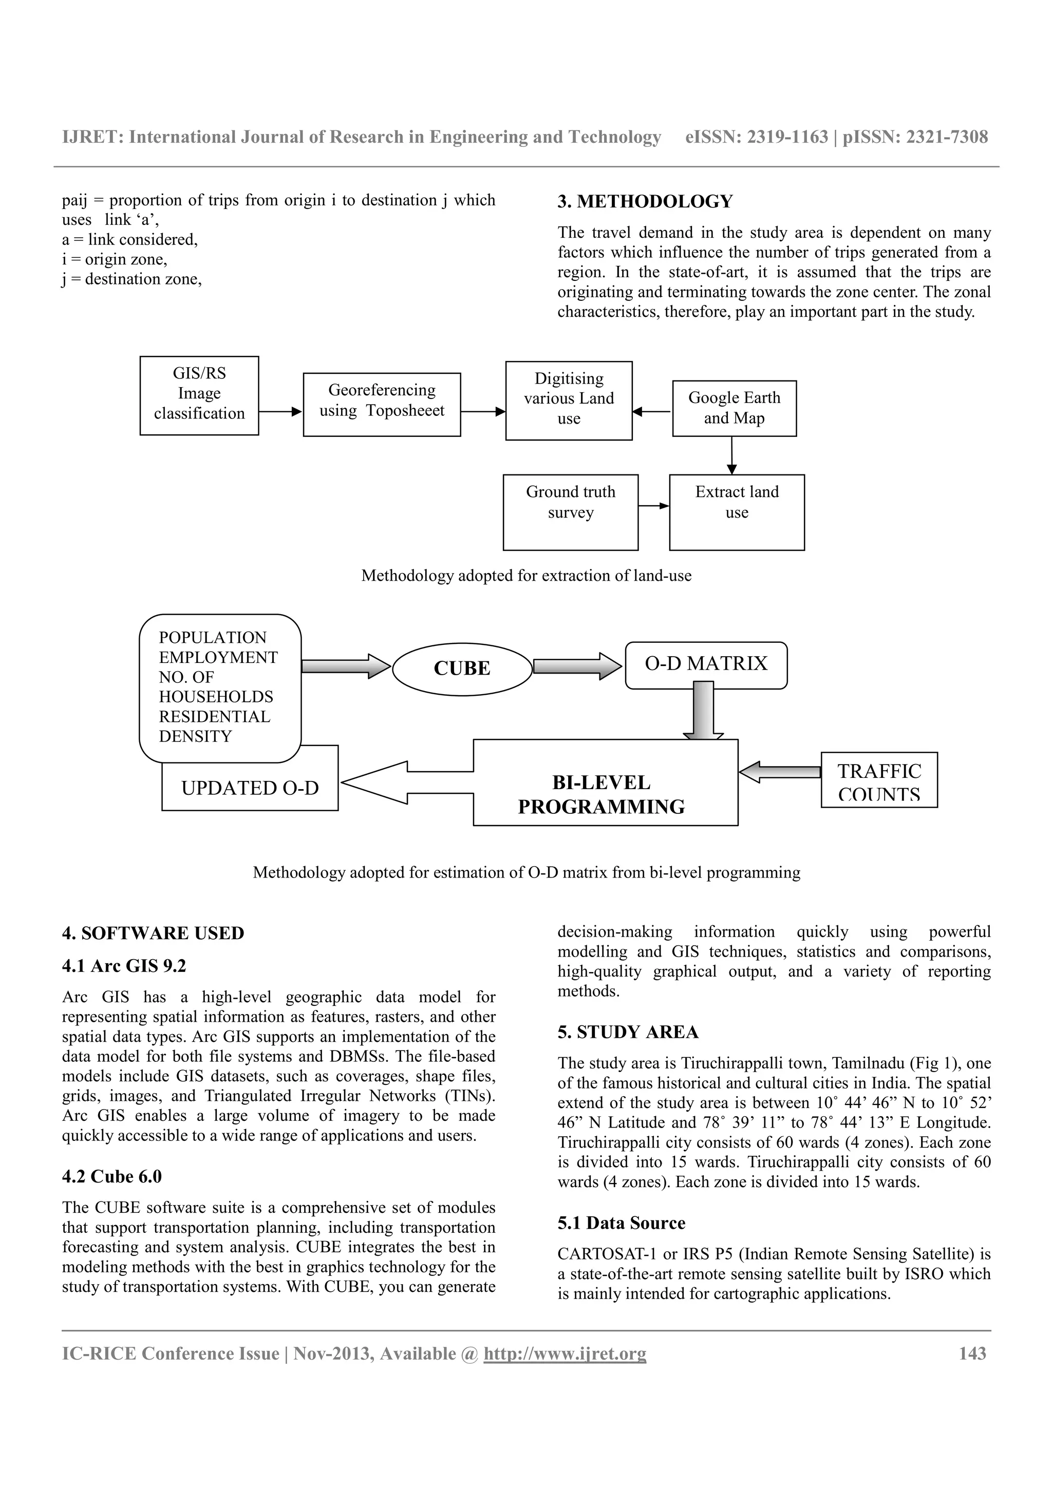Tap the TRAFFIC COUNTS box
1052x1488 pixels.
click(879, 779)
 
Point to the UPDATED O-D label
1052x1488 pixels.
click(250, 788)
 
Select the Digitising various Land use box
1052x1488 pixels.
click(569, 399)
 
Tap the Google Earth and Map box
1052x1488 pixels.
click(735, 408)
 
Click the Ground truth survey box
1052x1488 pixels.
click(570, 511)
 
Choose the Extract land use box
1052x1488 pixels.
click(737, 511)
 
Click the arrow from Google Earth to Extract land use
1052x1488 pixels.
click(732, 455)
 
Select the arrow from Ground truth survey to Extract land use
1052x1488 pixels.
click(653, 506)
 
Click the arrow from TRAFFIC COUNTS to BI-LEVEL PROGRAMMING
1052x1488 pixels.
click(780, 772)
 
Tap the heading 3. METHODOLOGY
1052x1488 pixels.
click(645, 202)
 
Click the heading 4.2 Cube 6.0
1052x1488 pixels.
click(111, 1176)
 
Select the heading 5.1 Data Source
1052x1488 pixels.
click(621, 1223)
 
